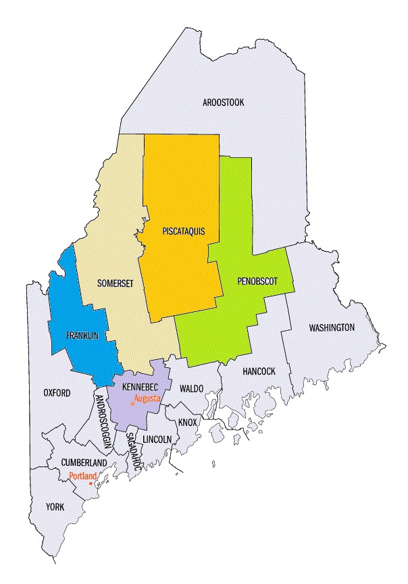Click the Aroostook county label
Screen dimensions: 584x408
coord(224,103)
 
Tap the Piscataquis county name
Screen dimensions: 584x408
coord(183,232)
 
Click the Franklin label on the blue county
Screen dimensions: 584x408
coord(82,335)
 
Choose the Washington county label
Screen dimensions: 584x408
coord(332,327)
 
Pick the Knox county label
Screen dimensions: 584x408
coord(187,423)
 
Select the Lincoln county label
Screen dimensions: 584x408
coord(158,439)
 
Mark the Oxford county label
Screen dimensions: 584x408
coord(57,392)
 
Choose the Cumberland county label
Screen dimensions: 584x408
coord(66,462)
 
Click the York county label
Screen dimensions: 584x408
coord(55,506)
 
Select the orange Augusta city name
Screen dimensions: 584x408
coord(147,399)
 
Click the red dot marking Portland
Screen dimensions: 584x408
coord(91,483)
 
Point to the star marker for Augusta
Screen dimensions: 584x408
coord(132,403)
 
